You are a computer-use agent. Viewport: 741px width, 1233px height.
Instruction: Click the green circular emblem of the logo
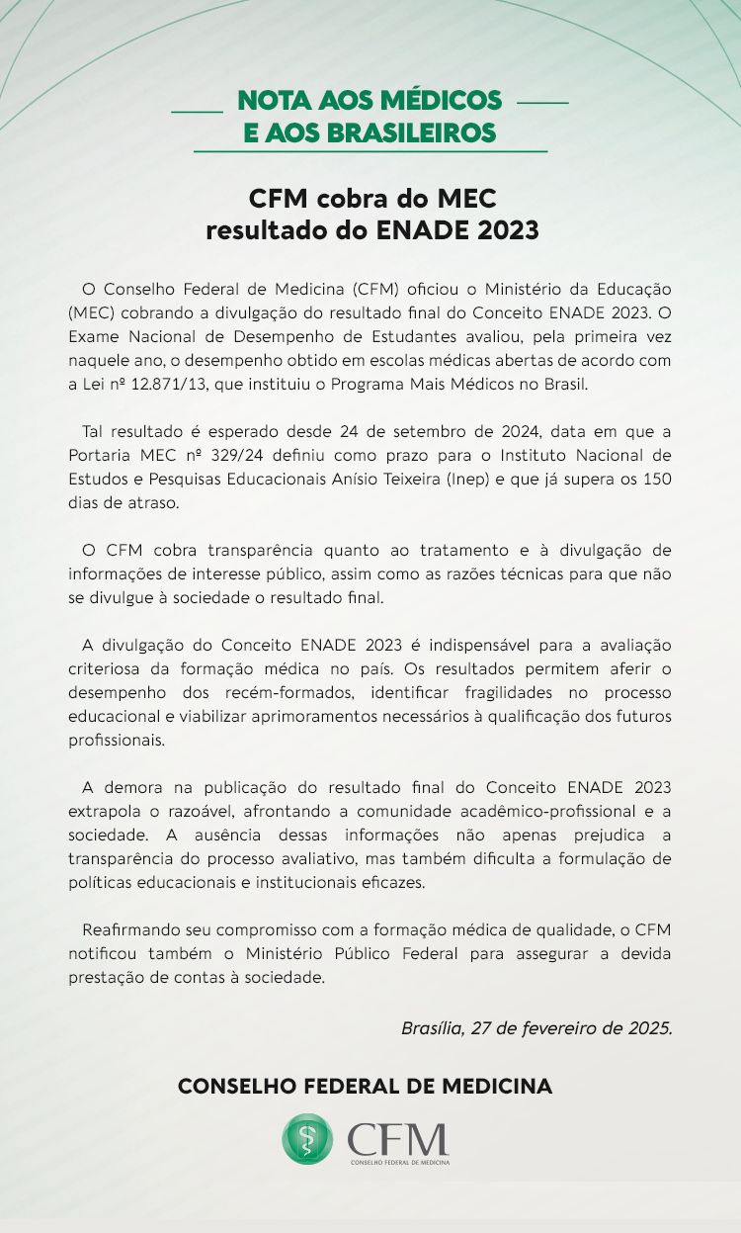[307, 1138]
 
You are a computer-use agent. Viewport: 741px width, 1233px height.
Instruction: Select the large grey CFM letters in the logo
[398, 1137]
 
